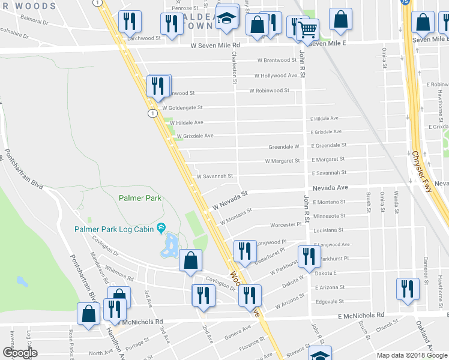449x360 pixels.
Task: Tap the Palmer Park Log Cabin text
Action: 114,229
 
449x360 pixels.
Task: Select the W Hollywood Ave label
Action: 276,76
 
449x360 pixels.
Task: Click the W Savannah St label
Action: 214,176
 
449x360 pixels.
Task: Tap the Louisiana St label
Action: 328,230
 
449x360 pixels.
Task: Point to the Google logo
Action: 20,353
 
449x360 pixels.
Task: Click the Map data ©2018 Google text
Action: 413,355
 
